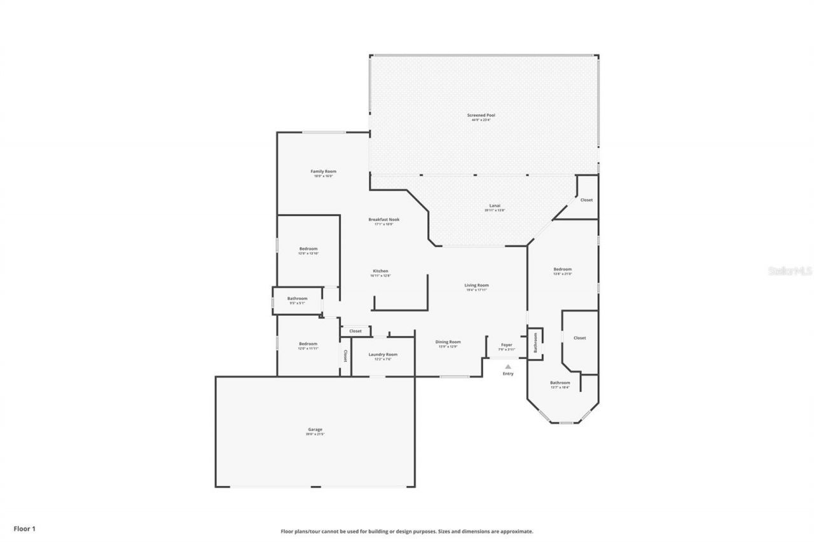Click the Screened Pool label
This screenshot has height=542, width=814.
tap(481, 116)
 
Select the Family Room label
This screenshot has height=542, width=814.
tap(323, 172)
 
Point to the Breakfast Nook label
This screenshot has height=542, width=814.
tap(383, 220)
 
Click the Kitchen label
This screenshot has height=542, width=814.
tap(380, 271)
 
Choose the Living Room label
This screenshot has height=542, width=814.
tap(476, 286)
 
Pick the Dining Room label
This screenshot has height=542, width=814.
tap(448, 342)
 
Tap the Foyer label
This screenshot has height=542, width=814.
tap(506, 345)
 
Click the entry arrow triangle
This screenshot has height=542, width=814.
tap(507, 366)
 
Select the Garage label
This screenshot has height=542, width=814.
tap(315, 430)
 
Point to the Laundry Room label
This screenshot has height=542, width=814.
tap(383, 355)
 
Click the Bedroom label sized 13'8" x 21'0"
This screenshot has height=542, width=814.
tap(562, 269)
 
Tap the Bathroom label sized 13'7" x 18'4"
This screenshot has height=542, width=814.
tap(560, 383)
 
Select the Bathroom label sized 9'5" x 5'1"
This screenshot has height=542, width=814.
tap(297, 299)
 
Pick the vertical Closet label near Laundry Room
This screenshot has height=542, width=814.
tap(345, 356)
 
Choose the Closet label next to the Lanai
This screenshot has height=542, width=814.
tap(586, 200)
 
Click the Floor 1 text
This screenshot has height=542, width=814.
tap(25, 529)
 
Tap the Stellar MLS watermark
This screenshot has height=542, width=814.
tap(790, 271)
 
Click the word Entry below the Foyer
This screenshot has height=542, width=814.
tap(507, 374)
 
